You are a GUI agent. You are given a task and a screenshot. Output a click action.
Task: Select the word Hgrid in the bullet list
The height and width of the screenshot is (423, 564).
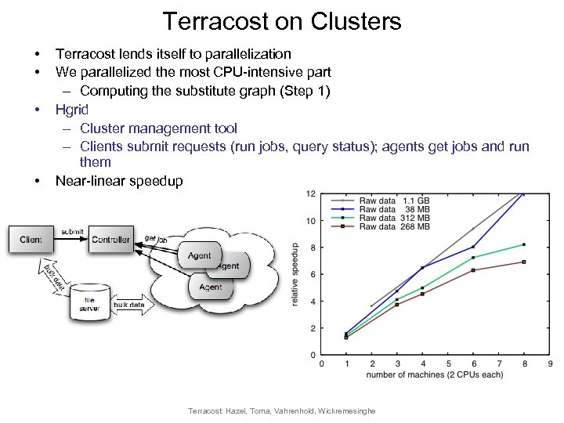(x=71, y=109)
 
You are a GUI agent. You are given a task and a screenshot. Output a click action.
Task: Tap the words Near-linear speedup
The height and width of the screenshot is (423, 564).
(x=119, y=181)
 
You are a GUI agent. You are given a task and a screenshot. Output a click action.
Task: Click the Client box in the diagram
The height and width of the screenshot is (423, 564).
(x=31, y=240)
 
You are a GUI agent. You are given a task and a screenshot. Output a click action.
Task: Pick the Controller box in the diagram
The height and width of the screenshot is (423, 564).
(x=111, y=240)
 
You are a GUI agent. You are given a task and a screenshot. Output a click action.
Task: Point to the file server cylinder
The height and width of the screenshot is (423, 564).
(x=89, y=302)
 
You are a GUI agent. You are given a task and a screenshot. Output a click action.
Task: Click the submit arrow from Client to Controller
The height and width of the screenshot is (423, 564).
(x=71, y=234)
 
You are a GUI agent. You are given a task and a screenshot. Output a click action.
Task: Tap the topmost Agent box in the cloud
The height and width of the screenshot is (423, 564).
(x=199, y=255)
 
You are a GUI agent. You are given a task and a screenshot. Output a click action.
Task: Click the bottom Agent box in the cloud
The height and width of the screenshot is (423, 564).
(x=210, y=287)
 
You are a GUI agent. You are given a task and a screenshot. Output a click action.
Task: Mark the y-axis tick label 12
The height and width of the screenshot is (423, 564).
(x=311, y=193)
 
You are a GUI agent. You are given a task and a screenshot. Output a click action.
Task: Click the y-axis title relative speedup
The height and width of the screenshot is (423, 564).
(x=295, y=274)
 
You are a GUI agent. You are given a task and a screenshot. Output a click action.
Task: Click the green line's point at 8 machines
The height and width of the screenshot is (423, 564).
(x=523, y=244)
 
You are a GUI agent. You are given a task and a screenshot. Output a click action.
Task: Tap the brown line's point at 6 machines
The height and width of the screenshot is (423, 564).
(x=472, y=270)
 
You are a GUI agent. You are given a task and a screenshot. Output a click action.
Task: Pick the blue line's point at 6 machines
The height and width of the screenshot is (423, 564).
(x=472, y=247)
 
